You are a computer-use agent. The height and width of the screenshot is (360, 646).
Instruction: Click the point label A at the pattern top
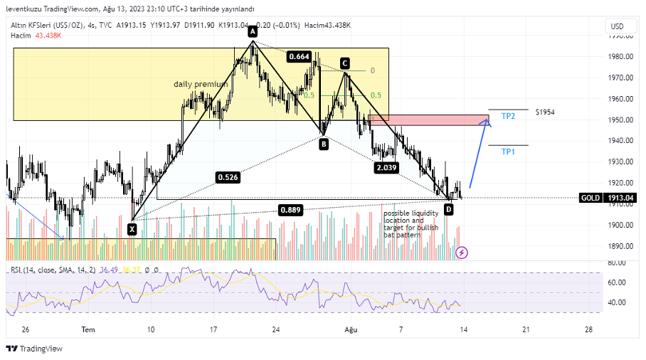[x=253, y=31]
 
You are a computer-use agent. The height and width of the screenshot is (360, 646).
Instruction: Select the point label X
[x=132, y=229]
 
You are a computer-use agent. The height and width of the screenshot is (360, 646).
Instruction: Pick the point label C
[x=344, y=63]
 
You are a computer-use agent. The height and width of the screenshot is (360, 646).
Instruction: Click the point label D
[x=448, y=209]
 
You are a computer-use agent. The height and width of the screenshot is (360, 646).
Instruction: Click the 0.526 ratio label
[x=229, y=176]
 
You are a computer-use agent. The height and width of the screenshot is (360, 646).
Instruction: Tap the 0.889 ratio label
[x=290, y=210]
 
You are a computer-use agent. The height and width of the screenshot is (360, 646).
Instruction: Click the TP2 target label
[x=508, y=115]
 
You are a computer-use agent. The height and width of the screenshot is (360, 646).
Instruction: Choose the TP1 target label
[x=508, y=152]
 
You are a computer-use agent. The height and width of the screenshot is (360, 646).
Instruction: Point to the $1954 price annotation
[x=545, y=112]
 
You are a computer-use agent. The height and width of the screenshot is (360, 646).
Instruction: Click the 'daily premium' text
[x=201, y=84]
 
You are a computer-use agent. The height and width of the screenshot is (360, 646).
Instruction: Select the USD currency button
[x=616, y=26]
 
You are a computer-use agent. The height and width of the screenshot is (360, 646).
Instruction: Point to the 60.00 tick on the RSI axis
[x=617, y=282]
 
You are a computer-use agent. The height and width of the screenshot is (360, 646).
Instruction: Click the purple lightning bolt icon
[x=462, y=252]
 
